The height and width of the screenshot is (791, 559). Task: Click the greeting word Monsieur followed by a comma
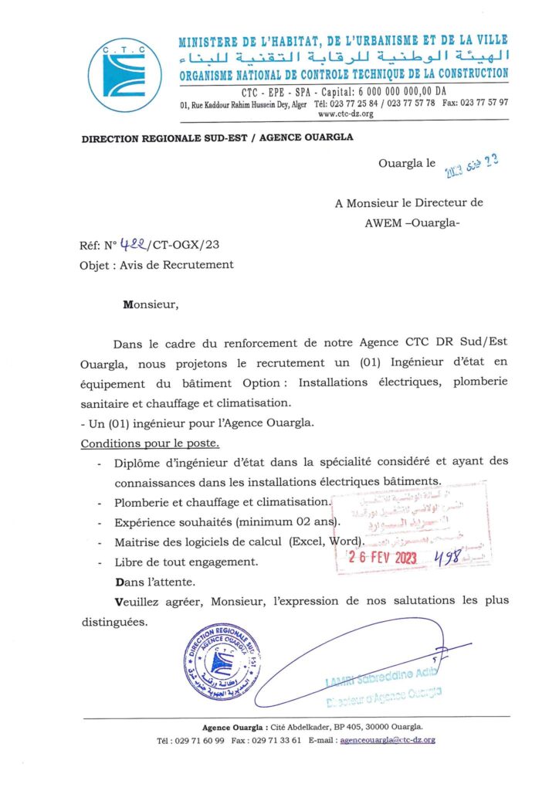[151, 304]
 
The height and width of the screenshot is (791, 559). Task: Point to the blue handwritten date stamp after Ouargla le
[470, 164]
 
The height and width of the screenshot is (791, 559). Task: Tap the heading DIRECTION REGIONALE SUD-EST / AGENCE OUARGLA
[206, 137]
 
